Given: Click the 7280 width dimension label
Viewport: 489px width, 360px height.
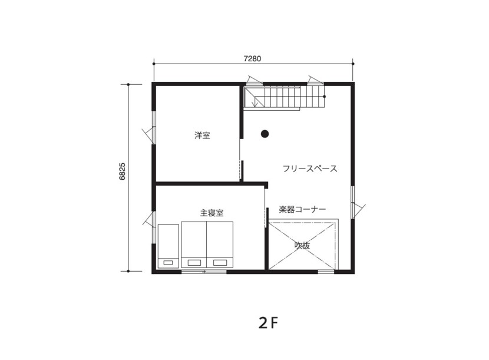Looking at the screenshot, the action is [252, 59].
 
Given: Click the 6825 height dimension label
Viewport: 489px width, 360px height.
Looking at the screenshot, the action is [123, 171].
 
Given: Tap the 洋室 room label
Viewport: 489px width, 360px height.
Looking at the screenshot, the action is [202, 136].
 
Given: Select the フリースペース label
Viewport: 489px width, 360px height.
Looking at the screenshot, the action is [310, 169].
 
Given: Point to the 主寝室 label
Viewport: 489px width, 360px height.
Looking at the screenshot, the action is [212, 213].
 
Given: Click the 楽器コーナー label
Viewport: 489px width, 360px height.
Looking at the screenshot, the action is [302, 209].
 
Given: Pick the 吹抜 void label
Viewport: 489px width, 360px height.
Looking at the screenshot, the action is [302, 246].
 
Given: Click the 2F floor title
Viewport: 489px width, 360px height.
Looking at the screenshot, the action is [268, 324].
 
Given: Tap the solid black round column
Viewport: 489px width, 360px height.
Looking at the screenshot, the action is [265, 134].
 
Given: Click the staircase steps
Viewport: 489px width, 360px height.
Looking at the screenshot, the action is [285, 98].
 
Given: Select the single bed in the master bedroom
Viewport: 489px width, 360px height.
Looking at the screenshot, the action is [168, 246].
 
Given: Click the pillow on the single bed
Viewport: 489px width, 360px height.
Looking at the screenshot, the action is [168, 263].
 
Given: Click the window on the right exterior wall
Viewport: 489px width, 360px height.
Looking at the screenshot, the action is [353, 203].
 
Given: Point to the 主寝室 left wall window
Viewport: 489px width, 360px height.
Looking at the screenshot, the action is [153, 227].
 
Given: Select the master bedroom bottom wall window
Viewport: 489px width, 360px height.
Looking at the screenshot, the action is [204, 272].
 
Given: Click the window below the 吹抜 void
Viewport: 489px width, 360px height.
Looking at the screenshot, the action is [326, 272].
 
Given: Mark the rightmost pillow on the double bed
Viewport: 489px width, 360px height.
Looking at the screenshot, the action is [219, 263].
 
